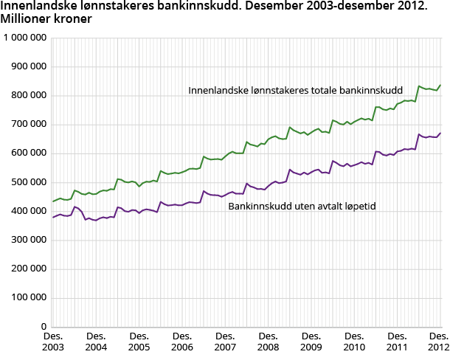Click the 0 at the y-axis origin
point(45,327)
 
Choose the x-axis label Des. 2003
point(53,342)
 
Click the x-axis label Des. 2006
point(182,342)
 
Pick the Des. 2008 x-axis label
point(269,342)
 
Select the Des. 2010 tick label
point(354,342)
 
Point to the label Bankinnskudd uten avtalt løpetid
point(302,206)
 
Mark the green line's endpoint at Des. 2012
point(440,85)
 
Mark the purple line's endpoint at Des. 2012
point(440,134)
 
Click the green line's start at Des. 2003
point(53,201)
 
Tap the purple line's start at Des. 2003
point(53,217)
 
